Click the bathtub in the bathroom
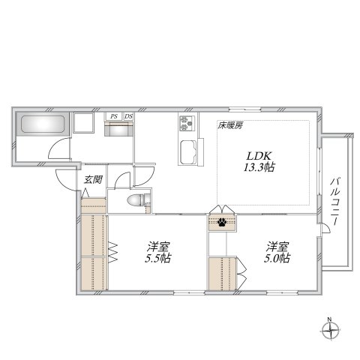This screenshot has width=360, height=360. pos(42,125)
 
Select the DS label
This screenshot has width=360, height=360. pos(128,116)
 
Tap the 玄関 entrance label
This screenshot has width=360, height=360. pos(93,179)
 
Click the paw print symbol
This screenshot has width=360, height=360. pos(223,222)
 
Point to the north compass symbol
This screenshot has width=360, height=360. pos(330,333)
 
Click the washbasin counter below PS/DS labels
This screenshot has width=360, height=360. pos(118,129)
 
